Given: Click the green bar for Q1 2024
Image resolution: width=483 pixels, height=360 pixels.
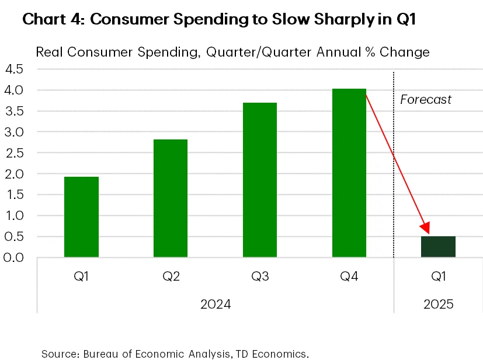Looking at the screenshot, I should pyautogui.click(x=81, y=216).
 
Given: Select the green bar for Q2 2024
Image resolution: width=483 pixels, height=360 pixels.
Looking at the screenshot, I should pyautogui.click(x=171, y=198).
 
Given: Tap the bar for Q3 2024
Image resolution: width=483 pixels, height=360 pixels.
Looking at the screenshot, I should pyautogui.click(x=260, y=180).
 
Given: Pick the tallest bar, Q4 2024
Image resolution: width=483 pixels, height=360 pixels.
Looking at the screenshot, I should pyautogui.click(x=349, y=173).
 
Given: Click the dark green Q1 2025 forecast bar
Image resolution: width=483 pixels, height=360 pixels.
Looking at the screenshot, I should pyautogui.click(x=439, y=247).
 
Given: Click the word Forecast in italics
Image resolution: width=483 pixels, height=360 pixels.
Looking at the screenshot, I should pyautogui.click(x=426, y=100).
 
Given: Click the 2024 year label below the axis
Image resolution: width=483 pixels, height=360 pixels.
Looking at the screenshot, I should pyautogui.click(x=215, y=305).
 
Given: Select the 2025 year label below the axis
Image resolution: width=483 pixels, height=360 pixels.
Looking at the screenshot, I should pyautogui.click(x=438, y=305).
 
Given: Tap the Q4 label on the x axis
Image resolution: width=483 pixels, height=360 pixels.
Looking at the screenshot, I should pyautogui.click(x=349, y=277).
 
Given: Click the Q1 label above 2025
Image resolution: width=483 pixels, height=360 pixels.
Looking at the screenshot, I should pyautogui.click(x=439, y=277).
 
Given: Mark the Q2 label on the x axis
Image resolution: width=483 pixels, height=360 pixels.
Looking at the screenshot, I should pyautogui.click(x=171, y=277).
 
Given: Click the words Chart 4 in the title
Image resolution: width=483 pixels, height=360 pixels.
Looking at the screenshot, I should pyautogui.click(x=54, y=19).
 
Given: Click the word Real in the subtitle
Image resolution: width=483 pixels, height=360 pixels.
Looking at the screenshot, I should pyautogui.click(x=49, y=52).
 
